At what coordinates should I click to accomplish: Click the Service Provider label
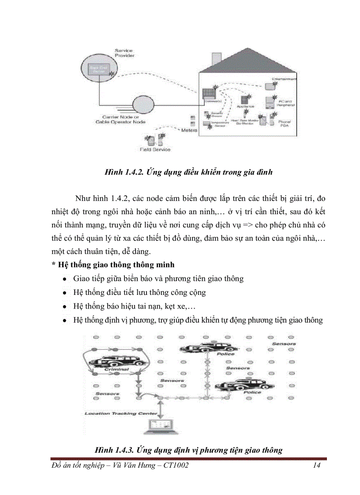(x=124, y=53)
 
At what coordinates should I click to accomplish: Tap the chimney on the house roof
(x=216, y=59)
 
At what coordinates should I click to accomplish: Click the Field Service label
(x=155, y=150)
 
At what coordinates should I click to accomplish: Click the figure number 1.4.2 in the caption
(x=127, y=172)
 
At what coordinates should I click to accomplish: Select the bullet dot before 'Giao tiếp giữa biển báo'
(x=65, y=279)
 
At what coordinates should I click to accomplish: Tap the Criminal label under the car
(x=116, y=369)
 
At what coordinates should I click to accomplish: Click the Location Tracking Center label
(x=120, y=413)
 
